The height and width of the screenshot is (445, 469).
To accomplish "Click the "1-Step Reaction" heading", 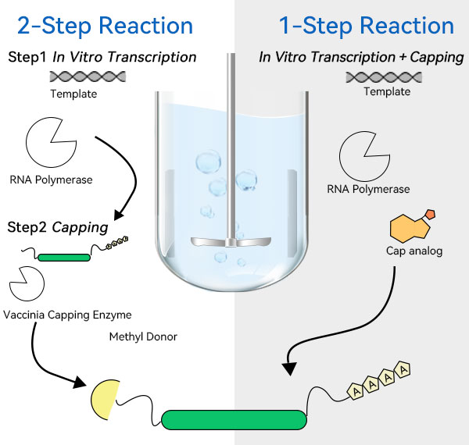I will [367, 25].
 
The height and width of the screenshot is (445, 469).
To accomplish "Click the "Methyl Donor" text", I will [144, 337].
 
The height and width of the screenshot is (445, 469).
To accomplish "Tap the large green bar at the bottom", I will [234, 419].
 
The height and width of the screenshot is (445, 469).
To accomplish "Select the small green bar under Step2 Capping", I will [63, 255].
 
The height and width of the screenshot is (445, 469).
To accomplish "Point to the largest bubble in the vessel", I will [208, 162].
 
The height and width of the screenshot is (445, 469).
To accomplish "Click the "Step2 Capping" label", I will [58, 228].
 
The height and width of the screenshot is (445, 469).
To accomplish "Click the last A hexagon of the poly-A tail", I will [403, 368].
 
